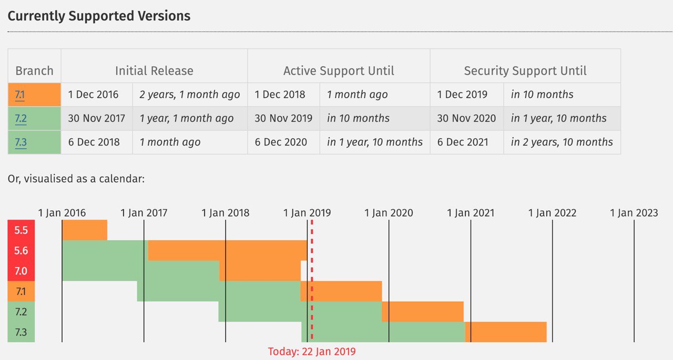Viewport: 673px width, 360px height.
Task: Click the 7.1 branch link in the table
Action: coord(20,95)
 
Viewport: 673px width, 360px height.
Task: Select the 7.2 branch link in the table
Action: coord(21,118)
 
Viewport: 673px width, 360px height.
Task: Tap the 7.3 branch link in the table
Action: coord(21,142)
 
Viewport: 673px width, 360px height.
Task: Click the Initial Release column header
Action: coord(154,71)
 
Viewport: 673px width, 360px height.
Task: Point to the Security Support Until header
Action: coord(525,71)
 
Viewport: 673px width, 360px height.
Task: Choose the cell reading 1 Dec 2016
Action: coord(93,95)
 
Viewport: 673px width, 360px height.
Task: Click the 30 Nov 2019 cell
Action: coord(283,118)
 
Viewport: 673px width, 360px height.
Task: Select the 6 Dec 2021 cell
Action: coord(463,142)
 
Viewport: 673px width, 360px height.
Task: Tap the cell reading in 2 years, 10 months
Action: coord(562,142)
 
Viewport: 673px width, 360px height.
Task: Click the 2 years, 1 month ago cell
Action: coord(190,95)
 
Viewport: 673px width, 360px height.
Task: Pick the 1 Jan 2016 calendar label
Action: coord(62,213)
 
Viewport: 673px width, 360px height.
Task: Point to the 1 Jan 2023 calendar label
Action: coord(634,213)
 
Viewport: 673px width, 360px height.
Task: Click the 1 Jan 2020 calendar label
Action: coord(389,213)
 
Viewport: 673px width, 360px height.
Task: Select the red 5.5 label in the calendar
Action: coord(21,230)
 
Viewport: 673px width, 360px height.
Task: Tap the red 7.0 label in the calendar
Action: coord(21,271)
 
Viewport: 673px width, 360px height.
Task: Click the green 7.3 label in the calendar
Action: coord(21,332)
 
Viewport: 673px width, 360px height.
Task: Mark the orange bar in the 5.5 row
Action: coord(85,230)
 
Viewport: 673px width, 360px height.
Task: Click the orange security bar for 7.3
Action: coord(506,332)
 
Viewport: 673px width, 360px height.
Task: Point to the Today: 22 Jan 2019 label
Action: coord(312,352)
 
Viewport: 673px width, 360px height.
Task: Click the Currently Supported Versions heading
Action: coord(99,16)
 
